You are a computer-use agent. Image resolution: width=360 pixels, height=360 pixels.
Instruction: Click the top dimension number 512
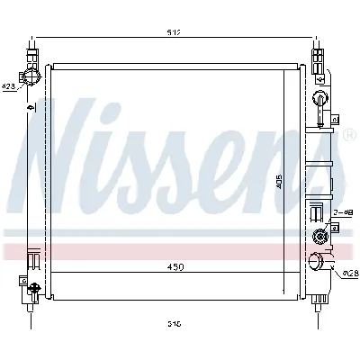pyautogui.click(x=175, y=33)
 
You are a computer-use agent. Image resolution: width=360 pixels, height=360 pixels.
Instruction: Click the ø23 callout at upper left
pyautogui.click(x=8, y=87)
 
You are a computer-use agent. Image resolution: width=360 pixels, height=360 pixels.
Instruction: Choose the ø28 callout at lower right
pyautogui.click(x=350, y=272)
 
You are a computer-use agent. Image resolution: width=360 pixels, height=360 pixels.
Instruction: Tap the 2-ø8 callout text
pyautogui.click(x=342, y=212)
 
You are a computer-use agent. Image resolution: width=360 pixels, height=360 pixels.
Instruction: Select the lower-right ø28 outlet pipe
pyautogui.click(x=318, y=264)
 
